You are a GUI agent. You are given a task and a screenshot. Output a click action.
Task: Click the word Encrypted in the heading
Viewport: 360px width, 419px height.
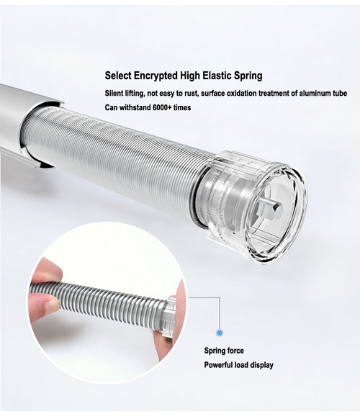(x=156, y=76)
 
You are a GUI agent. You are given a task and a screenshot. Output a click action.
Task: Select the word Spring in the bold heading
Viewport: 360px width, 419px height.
(x=248, y=76)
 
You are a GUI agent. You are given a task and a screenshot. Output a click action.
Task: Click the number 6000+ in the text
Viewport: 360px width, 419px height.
(x=162, y=108)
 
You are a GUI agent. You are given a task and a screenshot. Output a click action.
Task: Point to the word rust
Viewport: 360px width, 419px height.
(x=191, y=94)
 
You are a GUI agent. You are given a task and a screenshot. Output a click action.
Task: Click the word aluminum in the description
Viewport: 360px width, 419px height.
(x=315, y=94)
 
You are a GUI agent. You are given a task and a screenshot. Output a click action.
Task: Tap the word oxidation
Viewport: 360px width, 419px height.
(x=240, y=94)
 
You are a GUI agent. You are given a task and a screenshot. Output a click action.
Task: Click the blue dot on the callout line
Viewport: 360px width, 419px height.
(x=220, y=333)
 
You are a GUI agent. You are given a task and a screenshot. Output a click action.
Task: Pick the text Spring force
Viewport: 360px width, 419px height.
(x=224, y=351)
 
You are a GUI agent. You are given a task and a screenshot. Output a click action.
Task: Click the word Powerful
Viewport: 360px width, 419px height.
(x=219, y=365)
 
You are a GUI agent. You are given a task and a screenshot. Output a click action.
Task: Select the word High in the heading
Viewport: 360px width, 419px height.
(x=190, y=76)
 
